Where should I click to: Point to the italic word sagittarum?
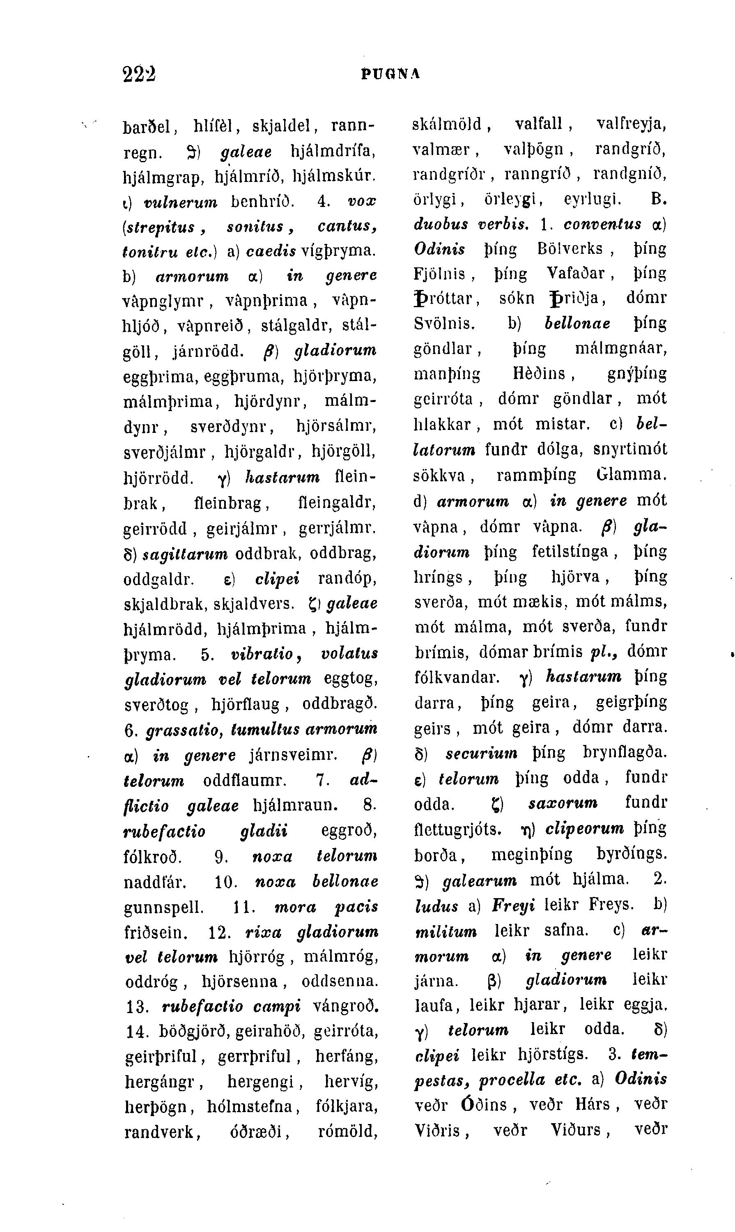pyautogui.click(x=185, y=553)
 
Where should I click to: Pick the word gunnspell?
pyautogui.click(x=164, y=907)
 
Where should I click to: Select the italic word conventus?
pyautogui.click(x=603, y=224)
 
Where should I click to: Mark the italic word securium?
pyautogui.click(x=481, y=754)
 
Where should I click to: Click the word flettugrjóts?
pyautogui.click(x=458, y=829)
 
